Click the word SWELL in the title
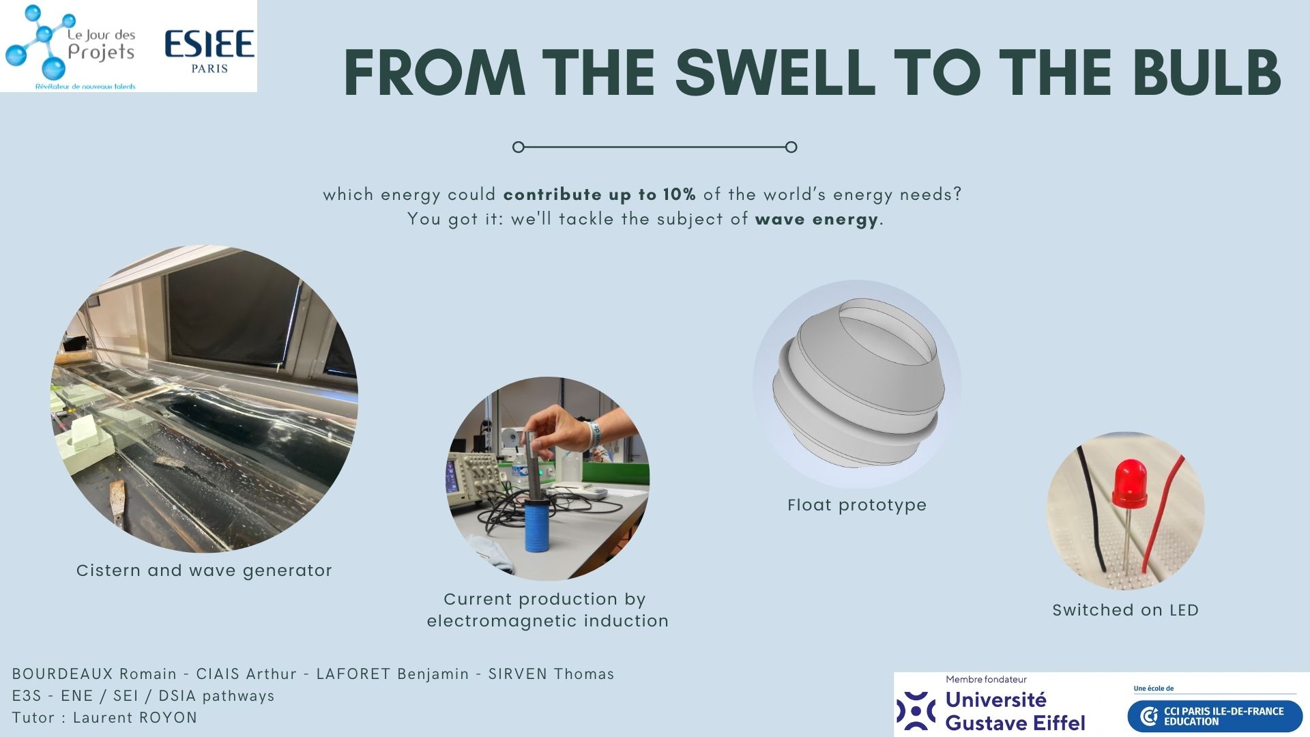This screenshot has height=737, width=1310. tap(775, 72)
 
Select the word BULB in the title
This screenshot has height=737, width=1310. tap(1206, 72)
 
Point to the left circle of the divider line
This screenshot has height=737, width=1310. tap(519, 147)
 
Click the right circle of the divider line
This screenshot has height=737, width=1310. tap(791, 147)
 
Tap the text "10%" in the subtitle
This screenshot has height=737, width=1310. tap(680, 194)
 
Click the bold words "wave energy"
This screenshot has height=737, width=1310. tap(817, 220)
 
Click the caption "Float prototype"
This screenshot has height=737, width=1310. tap(857, 505)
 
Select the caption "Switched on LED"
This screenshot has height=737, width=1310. tap(1126, 610)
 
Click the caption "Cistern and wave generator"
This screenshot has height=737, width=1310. tap(204, 570)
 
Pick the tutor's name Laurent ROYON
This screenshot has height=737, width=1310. tap(135, 718)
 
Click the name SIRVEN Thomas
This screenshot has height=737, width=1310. tap(551, 674)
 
